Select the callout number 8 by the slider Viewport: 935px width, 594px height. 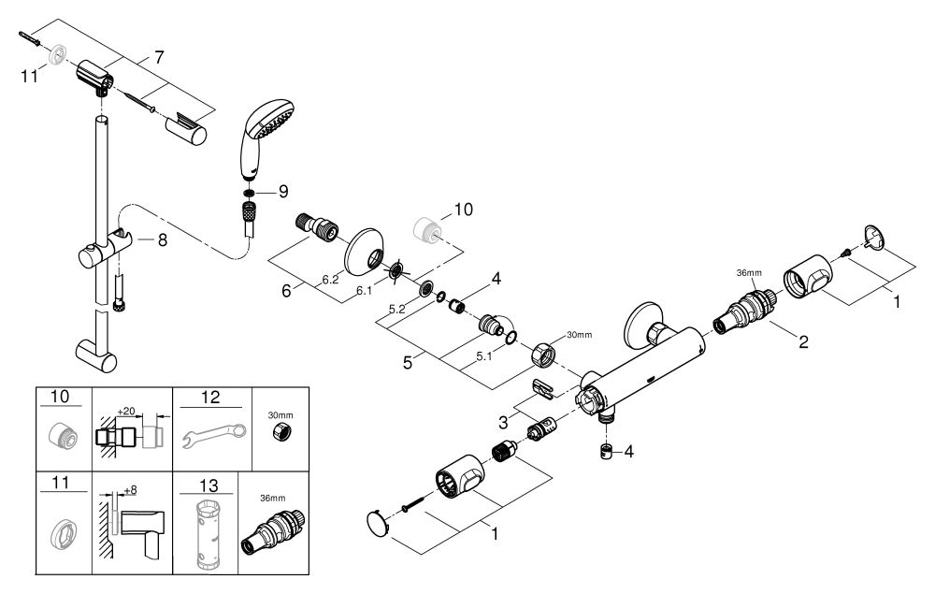[162, 239]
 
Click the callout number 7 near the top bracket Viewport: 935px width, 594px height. [159, 57]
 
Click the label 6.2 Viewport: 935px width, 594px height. [330, 279]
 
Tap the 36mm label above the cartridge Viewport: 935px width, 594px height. [749, 272]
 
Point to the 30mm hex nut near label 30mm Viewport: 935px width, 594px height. [544, 356]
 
